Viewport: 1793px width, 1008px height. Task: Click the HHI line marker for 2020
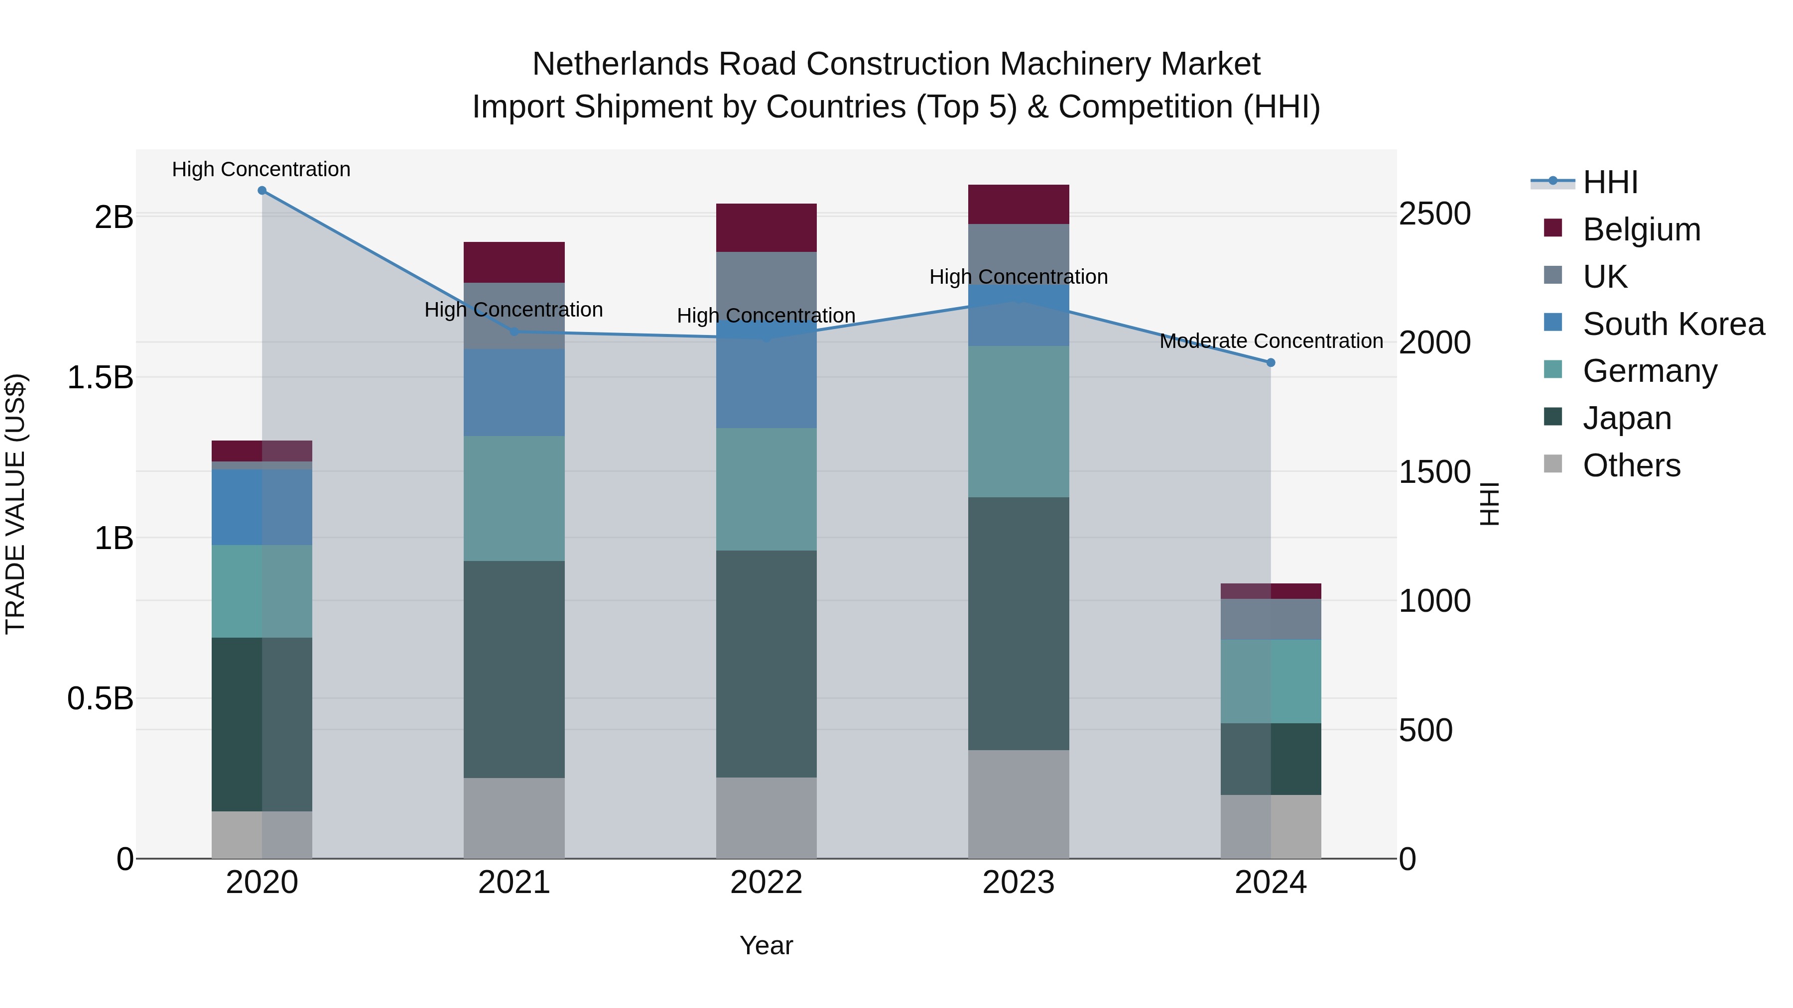point(261,191)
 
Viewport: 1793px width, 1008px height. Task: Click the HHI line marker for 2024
point(1270,362)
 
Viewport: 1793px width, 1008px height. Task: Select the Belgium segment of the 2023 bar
point(1019,205)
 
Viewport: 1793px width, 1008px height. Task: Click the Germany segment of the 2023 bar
point(1019,422)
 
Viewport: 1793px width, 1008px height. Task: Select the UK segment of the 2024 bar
point(1270,619)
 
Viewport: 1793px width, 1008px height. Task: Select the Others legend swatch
point(1553,464)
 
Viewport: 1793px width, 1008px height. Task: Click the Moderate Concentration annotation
point(1271,341)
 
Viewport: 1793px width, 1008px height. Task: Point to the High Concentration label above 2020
point(261,169)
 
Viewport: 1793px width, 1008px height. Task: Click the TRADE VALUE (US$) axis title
point(15,504)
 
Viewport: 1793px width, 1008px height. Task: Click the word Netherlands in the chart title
point(620,64)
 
